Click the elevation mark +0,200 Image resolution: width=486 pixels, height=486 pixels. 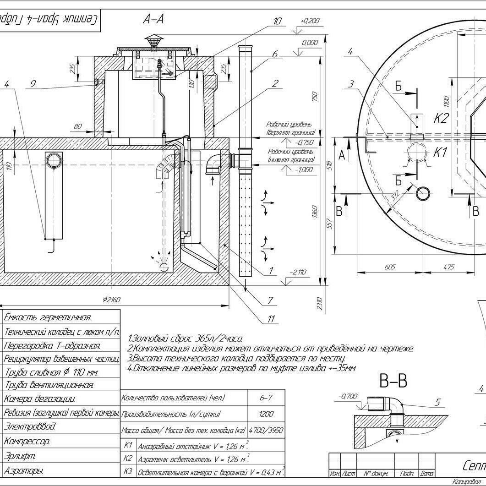[310, 21]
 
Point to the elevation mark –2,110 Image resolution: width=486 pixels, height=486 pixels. [298, 272]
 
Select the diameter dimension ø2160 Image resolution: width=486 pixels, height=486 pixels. [111, 300]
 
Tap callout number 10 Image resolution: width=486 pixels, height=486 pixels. [277, 21]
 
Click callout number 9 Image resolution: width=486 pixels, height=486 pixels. [33, 83]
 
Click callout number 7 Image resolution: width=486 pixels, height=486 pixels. [271, 300]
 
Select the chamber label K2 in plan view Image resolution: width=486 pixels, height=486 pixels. [441, 119]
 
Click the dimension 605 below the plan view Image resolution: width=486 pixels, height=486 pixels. [390, 267]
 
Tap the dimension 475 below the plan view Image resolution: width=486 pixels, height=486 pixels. [448, 267]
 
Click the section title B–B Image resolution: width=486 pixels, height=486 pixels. [393, 380]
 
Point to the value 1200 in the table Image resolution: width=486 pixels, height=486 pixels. [266, 414]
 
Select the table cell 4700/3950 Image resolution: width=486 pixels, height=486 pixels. [266, 431]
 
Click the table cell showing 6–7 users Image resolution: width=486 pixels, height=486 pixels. [266, 398]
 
